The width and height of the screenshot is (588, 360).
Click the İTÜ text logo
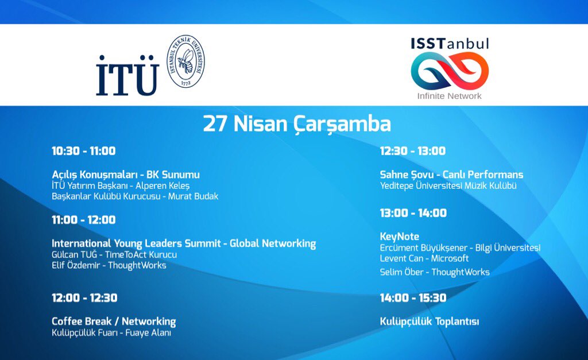(x=127, y=76)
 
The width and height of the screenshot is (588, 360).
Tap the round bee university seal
(x=185, y=61)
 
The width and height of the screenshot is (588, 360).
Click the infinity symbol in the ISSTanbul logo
(x=450, y=71)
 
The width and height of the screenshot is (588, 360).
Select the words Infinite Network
(x=450, y=96)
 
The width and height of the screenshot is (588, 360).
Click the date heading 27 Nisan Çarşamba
(x=297, y=124)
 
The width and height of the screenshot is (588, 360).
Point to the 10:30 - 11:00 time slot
(x=84, y=151)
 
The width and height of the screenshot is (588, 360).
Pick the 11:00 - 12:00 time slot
(x=84, y=220)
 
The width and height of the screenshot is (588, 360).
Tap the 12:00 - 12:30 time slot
(x=84, y=298)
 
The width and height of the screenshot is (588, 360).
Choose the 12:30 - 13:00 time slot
(x=413, y=151)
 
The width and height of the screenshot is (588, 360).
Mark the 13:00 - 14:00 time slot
(x=413, y=213)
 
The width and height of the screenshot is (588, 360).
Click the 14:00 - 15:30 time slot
(x=413, y=298)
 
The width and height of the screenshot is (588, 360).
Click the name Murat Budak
(x=194, y=196)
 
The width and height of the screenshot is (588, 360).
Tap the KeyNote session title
(x=400, y=237)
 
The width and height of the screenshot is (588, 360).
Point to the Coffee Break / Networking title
(x=114, y=322)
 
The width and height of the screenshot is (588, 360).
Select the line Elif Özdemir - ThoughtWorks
(x=109, y=265)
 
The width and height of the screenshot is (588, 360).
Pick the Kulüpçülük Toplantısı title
(x=430, y=322)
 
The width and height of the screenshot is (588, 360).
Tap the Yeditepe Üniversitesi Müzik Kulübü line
(x=448, y=186)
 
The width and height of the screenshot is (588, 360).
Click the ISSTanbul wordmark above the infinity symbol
(x=450, y=44)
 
